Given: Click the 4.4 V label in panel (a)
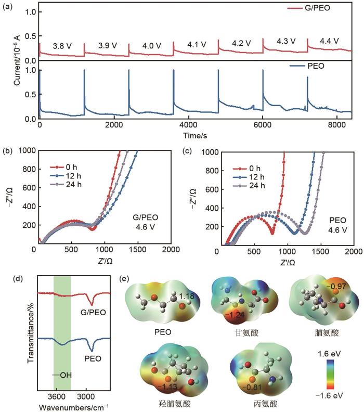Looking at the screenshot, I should pos(328,41).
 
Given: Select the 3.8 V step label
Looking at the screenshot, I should pos(62,46).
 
